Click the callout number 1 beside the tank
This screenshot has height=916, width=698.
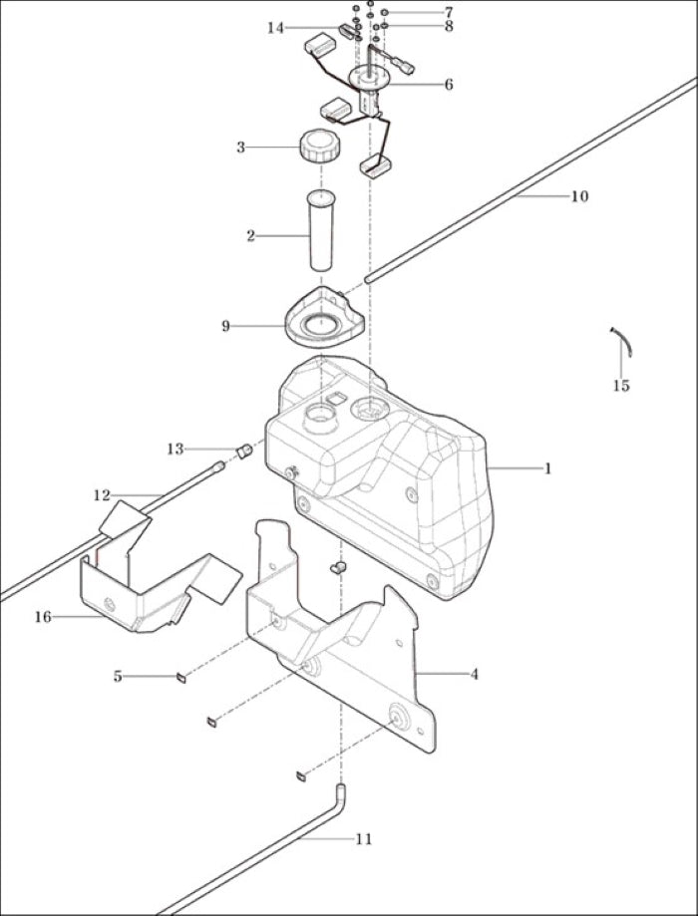tap(547, 468)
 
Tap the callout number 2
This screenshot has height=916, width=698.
tap(251, 236)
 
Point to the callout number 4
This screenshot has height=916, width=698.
tap(474, 674)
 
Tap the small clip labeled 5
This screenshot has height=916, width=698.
tap(181, 678)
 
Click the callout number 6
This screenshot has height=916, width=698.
tap(449, 85)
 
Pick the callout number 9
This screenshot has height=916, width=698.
tap(226, 326)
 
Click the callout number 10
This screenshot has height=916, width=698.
tap(579, 196)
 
